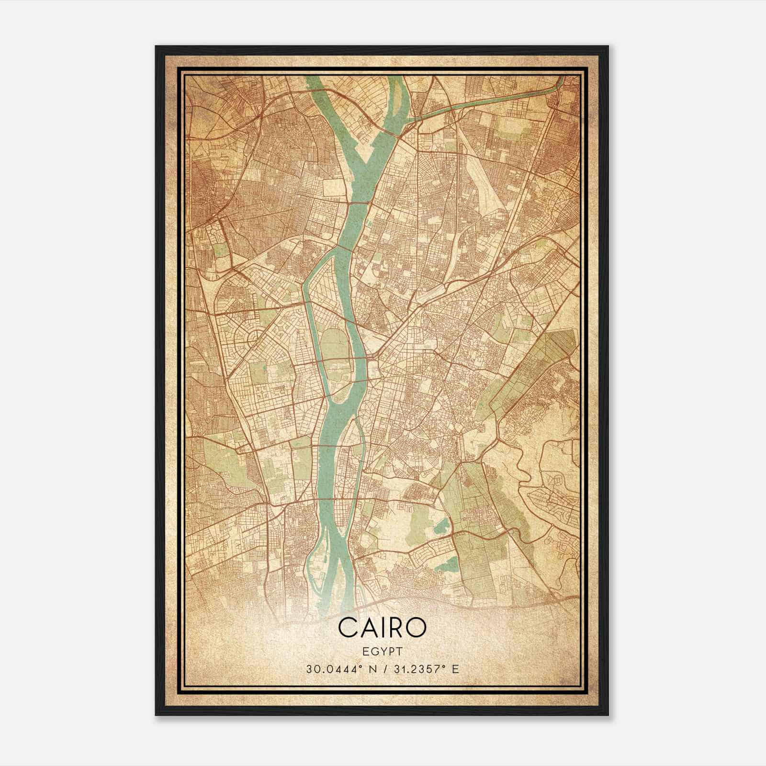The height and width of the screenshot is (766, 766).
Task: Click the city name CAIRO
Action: click(382, 628)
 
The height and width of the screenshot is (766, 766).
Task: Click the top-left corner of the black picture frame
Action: click(156, 46)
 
